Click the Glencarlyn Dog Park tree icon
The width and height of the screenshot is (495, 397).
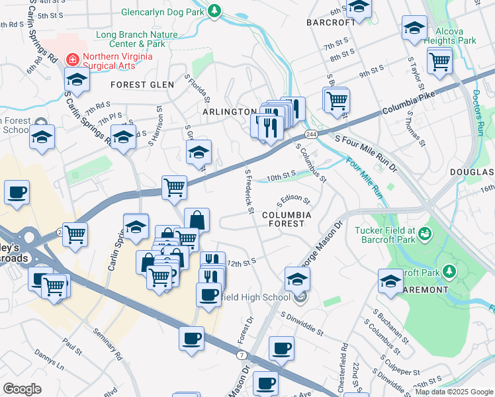tap(214, 11)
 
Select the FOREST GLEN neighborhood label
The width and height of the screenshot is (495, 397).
tap(142, 85)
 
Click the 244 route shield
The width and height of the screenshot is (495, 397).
tap(312, 134)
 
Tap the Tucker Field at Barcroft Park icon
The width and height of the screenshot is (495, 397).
tap(424, 234)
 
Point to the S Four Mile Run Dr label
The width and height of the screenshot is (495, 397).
tap(366, 152)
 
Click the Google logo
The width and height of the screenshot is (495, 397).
tap(22, 389)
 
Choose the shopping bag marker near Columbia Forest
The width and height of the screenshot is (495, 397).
tap(197, 220)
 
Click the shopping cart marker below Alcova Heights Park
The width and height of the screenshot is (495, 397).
tap(439, 62)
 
